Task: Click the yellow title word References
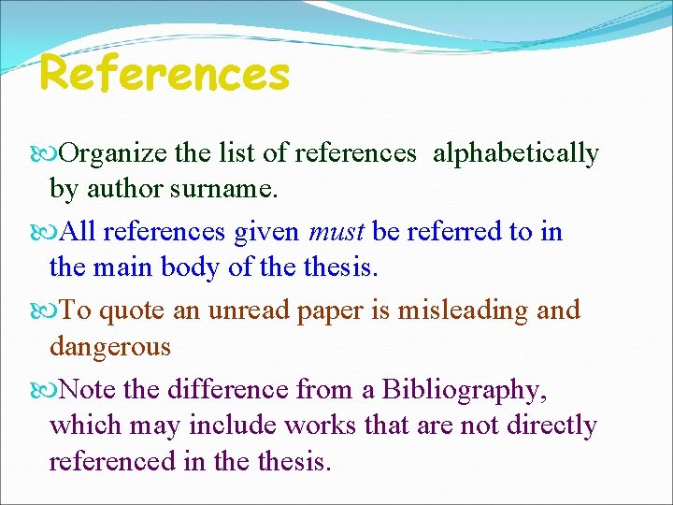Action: click(x=165, y=74)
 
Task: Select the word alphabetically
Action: click(x=515, y=153)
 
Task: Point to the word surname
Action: click(x=232, y=190)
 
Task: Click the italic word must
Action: click(x=335, y=231)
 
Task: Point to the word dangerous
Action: click(x=110, y=348)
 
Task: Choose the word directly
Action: click(x=551, y=426)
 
